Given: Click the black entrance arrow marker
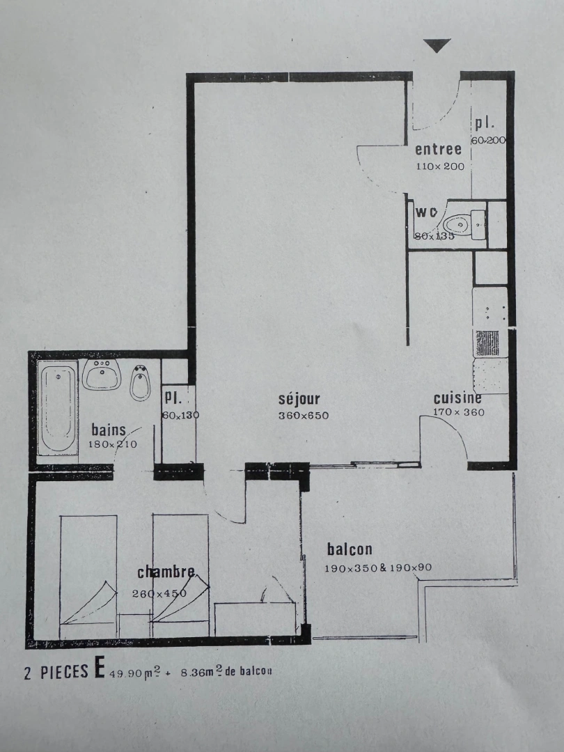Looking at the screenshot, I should click(x=437, y=46).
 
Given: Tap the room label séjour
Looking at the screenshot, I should click(x=299, y=400).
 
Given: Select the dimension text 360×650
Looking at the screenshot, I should click(x=303, y=416).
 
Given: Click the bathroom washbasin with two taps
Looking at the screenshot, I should click(x=102, y=375).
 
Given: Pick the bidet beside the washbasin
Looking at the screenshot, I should click(x=140, y=382).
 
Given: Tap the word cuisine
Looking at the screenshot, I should click(x=457, y=398).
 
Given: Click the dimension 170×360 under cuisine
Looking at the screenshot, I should click(x=459, y=412).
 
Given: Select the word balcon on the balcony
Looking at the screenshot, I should click(x=350, y=549).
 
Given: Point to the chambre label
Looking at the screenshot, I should click(x=166, y=572).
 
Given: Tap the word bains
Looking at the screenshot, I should click(x=109, y=430).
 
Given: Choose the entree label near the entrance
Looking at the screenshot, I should click(x=439, y=150).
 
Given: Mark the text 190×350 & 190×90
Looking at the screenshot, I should click(x=378, y=567).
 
